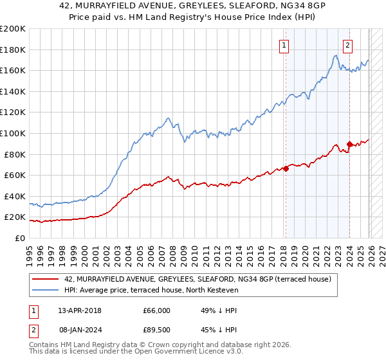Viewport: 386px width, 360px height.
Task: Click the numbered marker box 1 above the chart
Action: (x=284, y=45)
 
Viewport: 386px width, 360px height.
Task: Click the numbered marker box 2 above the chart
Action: (x=347, y=45)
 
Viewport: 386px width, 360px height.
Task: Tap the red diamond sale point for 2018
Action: (x=286, y=169)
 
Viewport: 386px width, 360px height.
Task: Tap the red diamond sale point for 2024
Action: (x=349, y=144)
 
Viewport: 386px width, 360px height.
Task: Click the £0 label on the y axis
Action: (x=20, y=238)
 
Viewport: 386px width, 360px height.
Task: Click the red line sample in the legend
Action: (x=46, y=279)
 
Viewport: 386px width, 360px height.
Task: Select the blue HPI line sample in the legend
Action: (x=46, y=291)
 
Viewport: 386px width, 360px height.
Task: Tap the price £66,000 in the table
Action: (x=157, y=310)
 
